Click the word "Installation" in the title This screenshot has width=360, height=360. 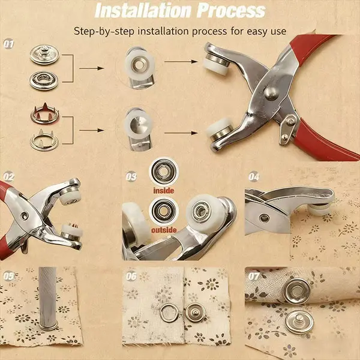(x=143, y=11)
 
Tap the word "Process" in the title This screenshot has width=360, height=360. (x=231, y=11)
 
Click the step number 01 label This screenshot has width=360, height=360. (x=9, y=44)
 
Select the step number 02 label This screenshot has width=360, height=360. (x=9, y=176)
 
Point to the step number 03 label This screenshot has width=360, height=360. (x=131, y=177)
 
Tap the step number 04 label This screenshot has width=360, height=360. (x=254, y=177)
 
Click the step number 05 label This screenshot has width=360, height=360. (x=9, y=276)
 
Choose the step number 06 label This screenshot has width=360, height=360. (x=131, y=277)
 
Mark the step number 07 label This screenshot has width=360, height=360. (x=254, y=277)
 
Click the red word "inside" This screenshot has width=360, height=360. (x=164, y=191)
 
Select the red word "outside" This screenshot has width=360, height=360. (x=164, y=230)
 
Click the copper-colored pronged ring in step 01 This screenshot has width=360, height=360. (x=45, y=113)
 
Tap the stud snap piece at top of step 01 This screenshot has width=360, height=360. (x=44, y=55)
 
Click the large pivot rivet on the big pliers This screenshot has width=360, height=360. (x=271, y=92)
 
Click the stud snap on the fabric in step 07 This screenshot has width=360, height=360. (x=299, y=322)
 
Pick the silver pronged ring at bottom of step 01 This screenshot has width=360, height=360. (x=44, y=140)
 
